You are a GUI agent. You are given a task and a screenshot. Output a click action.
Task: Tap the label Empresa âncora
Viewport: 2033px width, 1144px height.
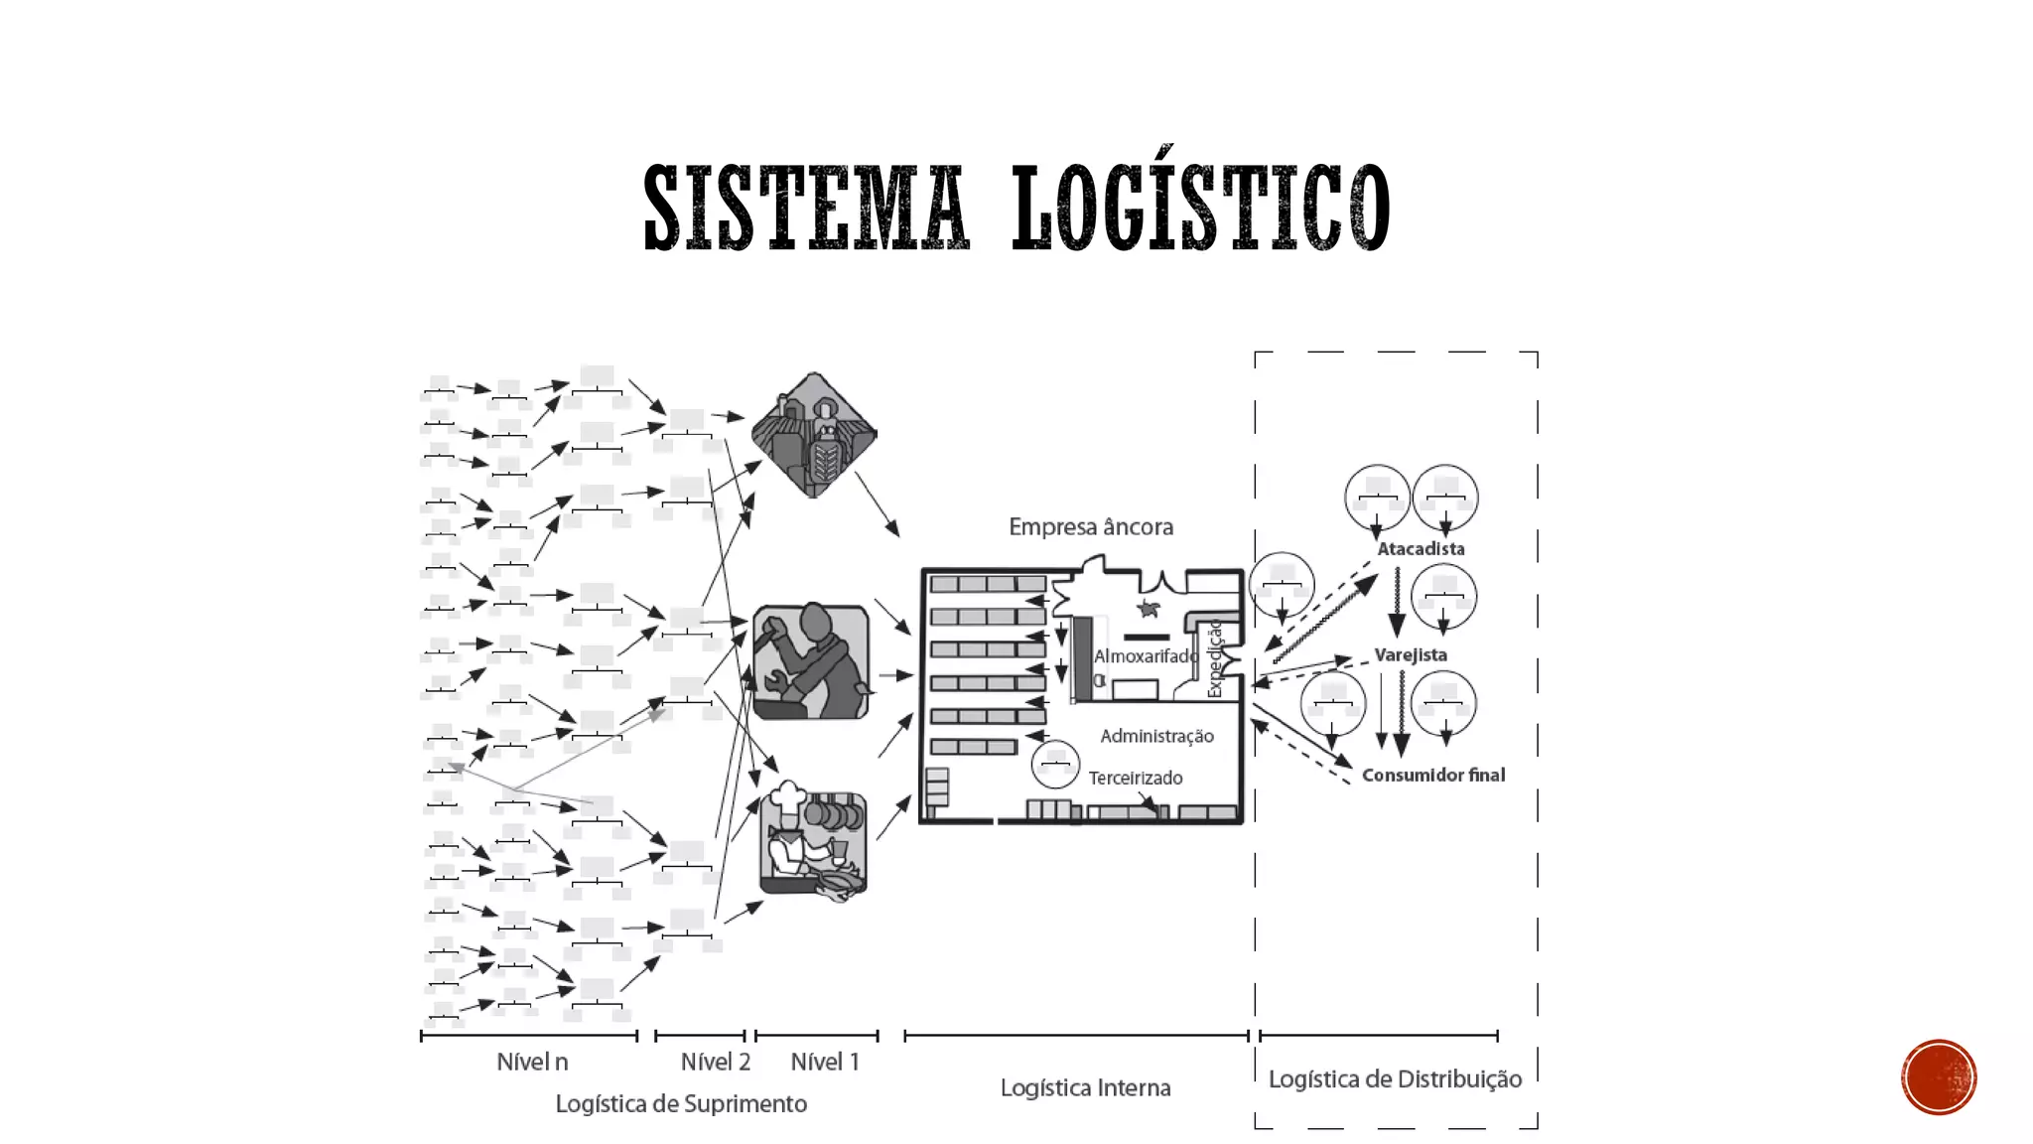point(1091,526)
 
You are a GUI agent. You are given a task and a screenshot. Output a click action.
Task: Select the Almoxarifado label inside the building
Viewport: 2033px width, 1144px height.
point(1145,656)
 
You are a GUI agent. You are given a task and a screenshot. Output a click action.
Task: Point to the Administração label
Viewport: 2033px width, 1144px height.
point(1156,736)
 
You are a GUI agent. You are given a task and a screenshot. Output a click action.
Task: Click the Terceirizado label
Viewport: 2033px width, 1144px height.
point(1135,778)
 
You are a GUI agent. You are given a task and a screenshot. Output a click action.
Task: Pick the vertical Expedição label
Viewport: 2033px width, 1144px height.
point(1215,658)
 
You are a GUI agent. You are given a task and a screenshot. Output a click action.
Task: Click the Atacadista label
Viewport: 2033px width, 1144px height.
point(1421,549)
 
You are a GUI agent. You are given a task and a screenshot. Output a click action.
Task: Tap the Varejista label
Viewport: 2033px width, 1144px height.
point(1410,655)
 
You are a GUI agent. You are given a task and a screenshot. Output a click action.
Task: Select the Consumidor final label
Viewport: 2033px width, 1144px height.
point(1432,776)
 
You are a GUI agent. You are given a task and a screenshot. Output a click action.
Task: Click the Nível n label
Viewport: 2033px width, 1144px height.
point(532,1063)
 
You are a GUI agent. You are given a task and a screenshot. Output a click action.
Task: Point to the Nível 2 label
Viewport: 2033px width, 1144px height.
point(715,1063)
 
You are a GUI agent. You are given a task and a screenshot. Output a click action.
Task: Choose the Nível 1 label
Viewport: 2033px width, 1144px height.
point(825,1063)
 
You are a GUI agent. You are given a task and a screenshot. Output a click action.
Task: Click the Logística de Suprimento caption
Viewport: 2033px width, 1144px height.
point(681,1104)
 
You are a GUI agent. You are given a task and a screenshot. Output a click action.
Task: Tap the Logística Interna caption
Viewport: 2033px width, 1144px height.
point(1085,1088)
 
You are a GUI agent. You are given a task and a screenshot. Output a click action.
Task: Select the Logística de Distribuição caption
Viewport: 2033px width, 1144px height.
point(1395,1079)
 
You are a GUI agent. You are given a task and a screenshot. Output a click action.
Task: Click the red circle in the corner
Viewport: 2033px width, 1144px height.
point(1939,1077)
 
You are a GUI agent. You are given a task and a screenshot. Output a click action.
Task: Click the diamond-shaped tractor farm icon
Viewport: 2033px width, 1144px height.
point(814,435)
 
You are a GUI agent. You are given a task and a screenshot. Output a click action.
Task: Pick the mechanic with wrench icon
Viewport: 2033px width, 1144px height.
point(811,661)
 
